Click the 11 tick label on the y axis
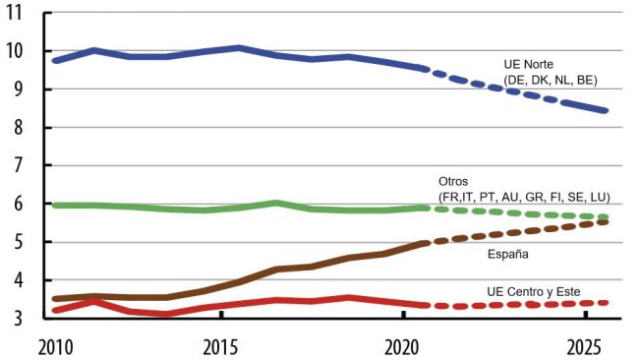pyautogui.click(x=20, y=14)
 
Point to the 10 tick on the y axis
pyautogui.click(x=20, y=51)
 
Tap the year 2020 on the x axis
pyautogui.click(x=403, y=345)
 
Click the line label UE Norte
pyautogui.click(x=530, y=64)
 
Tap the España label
pyautogui.click(x=509, y=254)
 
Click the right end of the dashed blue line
pyautogui.click(x=607, y=111)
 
